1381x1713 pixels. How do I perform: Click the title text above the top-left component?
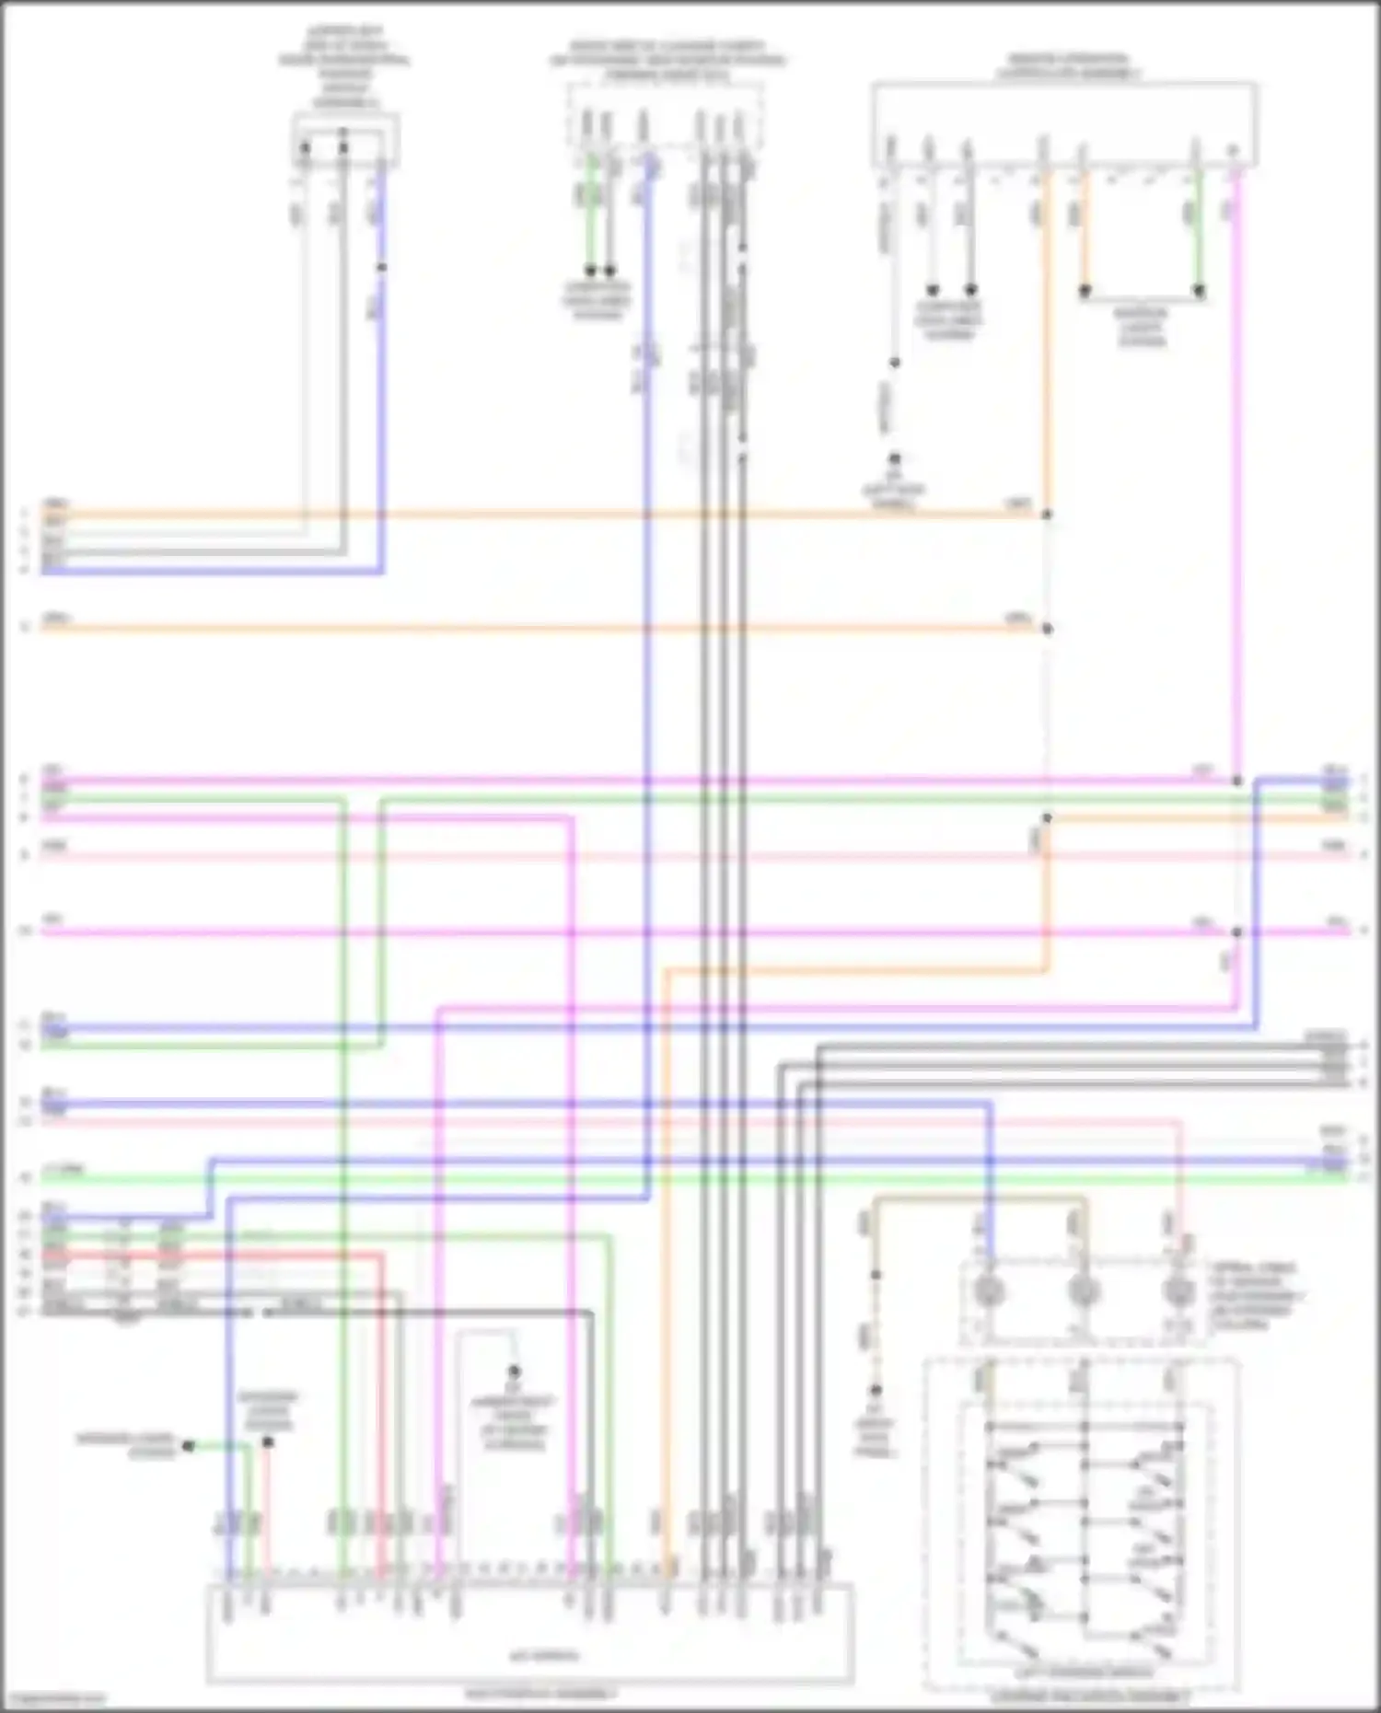click(345, 67)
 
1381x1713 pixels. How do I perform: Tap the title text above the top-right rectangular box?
click(1067, 65)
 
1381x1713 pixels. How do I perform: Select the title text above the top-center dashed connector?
click(667, 61)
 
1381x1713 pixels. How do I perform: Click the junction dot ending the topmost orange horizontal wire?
click(1047, 515)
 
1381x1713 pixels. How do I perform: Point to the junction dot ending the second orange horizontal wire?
click(1047, 630)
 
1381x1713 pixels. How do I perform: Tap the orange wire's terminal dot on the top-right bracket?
click(1085, 291)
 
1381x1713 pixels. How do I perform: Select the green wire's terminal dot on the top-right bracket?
click(1200, 291)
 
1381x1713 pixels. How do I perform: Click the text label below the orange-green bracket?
click(1142, 326)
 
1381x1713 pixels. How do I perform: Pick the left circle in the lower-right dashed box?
click(988, 1291)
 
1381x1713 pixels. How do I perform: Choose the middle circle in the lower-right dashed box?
click(1084, 1291)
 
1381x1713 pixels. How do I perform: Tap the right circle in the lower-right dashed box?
click(1178, 1291)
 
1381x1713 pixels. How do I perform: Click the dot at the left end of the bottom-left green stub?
click(189, 1446)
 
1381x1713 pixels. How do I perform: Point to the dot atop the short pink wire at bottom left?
click(268, 1441)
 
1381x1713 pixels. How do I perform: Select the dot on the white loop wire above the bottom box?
click(515, 1372)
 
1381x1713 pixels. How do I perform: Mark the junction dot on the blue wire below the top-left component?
click(382, 267)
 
